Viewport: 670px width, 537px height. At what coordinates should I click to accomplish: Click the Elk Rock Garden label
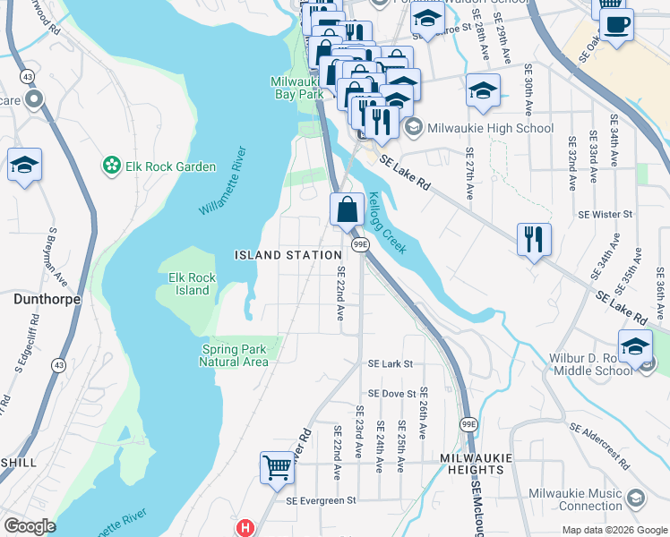click(x=170, y=166)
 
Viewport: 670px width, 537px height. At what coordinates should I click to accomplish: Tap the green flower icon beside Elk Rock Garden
click(x=112, y=166)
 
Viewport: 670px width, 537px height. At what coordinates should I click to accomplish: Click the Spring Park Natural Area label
click(x=234, y=355)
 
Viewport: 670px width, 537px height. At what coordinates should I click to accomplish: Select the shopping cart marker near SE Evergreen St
click(x=277, y=466)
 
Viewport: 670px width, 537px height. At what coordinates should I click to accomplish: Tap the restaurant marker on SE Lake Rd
click(x=533, y=238)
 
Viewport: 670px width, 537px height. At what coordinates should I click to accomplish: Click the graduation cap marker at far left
click(x=24, y=165)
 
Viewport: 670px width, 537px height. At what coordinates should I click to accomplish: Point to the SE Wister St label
click(x=606, y=215)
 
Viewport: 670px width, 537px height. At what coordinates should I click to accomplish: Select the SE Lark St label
click(x=391, y=364)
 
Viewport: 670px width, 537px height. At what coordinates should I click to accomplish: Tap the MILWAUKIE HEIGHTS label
click(x=476, y=463)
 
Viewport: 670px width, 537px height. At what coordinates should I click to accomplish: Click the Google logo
click(x=29, y=526)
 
